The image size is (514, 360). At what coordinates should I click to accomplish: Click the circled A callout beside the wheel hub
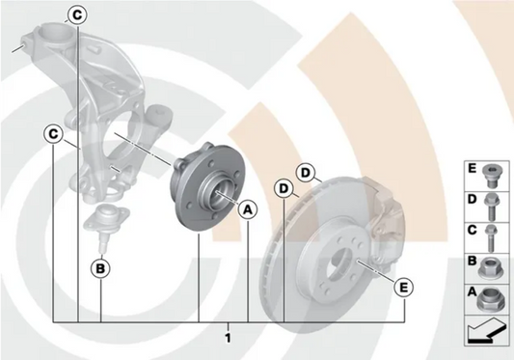click(x=248, y=210)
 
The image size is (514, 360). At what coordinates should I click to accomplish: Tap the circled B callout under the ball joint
click(x=100, y=268)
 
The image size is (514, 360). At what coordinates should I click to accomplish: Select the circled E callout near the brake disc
click(x=404, y=288)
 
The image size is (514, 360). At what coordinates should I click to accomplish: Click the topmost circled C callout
click(x=77, y=15)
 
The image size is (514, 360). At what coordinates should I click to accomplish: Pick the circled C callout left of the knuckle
click(x=53, y=134)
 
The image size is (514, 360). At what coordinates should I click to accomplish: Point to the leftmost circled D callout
click(x=284, y=189)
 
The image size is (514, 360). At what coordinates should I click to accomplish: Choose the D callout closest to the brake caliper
click(x=305, y=173)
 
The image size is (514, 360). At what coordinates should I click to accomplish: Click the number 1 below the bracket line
click(x=228, y=338)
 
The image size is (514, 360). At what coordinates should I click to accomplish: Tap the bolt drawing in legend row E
click(x=490, y=177)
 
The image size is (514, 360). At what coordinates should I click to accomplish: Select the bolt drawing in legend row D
click(x=491, y=207)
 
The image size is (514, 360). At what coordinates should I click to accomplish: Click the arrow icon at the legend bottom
click(x=486, y=330)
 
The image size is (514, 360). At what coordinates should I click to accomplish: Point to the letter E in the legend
click(x=472, y=169)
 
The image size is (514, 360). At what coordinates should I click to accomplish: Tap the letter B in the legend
click(x=472, y=261)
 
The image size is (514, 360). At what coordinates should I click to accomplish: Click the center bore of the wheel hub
click(x=219, y=195)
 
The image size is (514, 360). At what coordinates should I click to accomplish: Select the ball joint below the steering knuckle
click(x=105, y=227)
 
